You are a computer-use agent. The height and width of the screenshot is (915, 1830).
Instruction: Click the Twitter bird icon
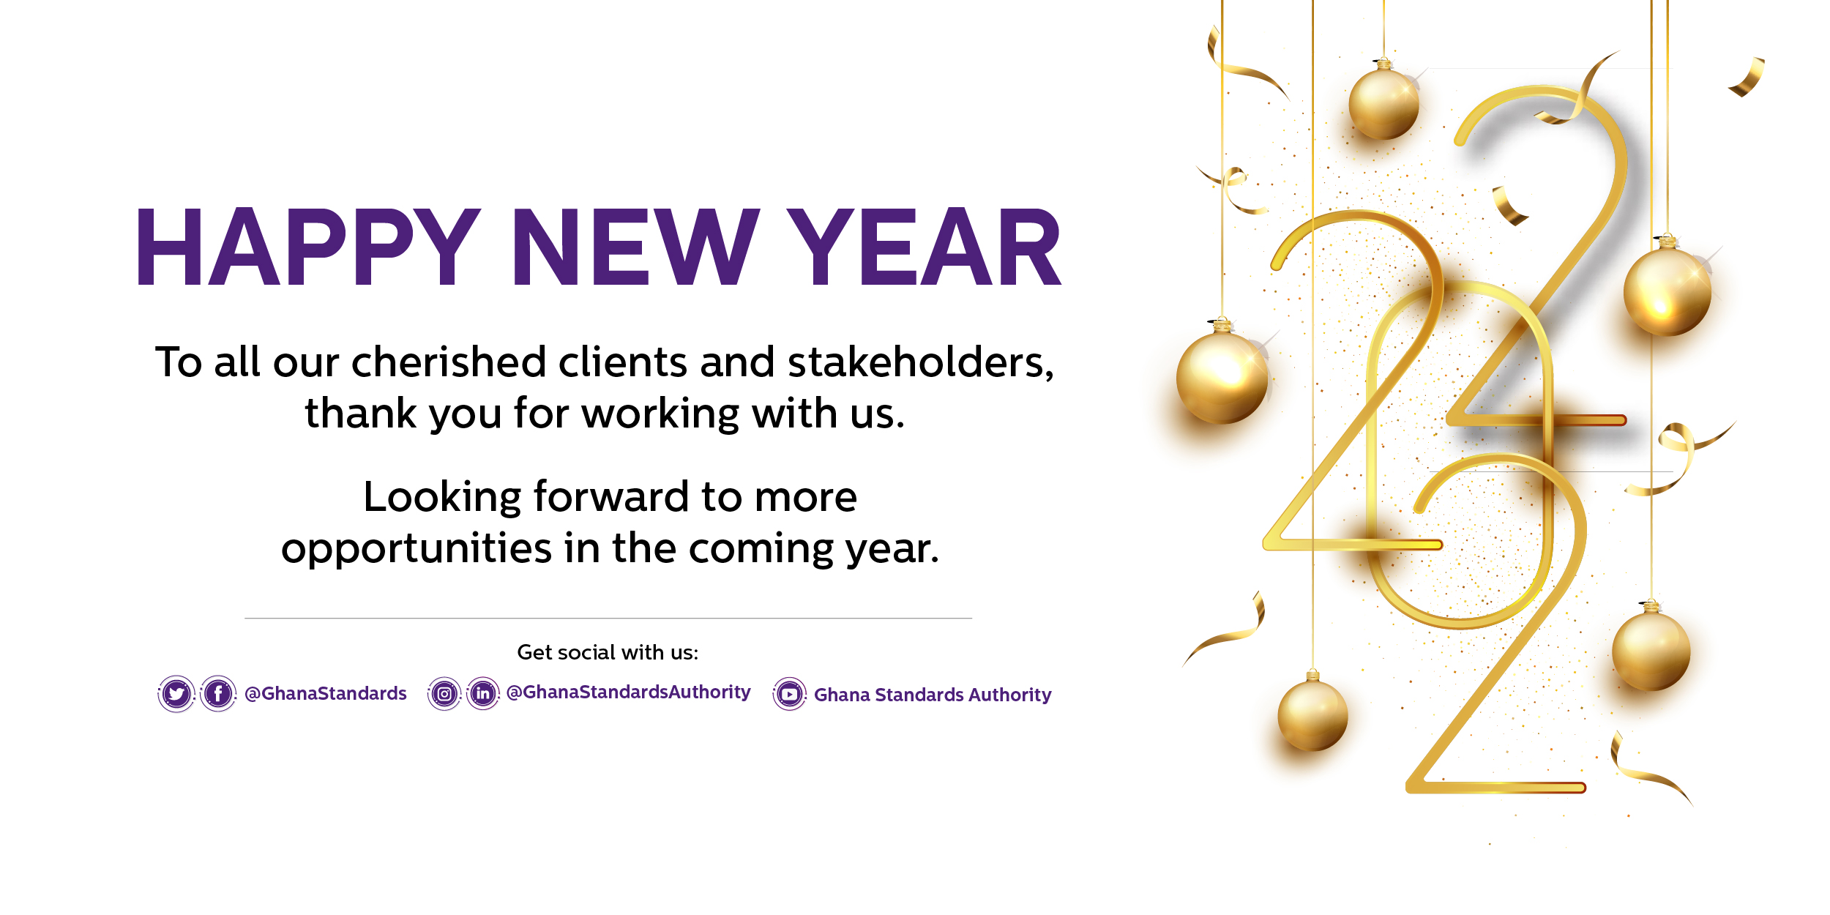[x=176, y=693]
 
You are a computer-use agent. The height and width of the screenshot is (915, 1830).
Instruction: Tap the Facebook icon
[x=218, y=693]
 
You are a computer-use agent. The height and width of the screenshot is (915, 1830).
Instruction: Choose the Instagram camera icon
[x=444, y=693]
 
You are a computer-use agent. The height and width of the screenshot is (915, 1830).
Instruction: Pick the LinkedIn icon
[x=483, y=693]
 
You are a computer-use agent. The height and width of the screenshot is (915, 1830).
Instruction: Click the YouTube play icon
[x=789, y=694]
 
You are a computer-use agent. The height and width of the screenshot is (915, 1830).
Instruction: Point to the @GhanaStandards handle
[x=326, y=693]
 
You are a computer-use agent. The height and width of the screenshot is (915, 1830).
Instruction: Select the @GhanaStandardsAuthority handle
[x=629, y=692]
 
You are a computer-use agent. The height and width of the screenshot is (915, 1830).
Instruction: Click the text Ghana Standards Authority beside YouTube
[x=933, y=695]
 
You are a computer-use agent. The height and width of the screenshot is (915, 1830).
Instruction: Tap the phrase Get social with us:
[x=608, y=652]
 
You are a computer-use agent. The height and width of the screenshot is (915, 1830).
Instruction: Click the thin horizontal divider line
[x=608, y=619]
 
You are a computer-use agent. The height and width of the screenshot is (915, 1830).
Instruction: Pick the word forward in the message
[x=612, y=497]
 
